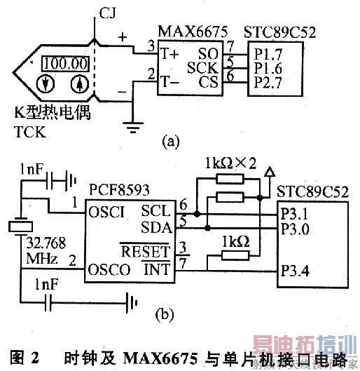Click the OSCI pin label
pyautogui.click(x=106, y=210)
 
